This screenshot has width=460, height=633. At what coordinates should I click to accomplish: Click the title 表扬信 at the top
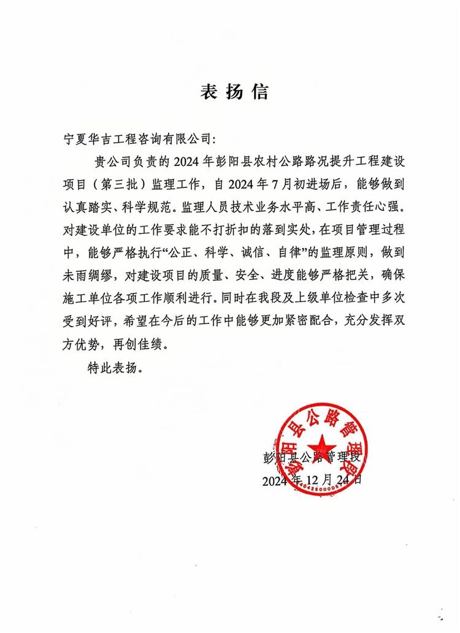pos(234,93)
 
